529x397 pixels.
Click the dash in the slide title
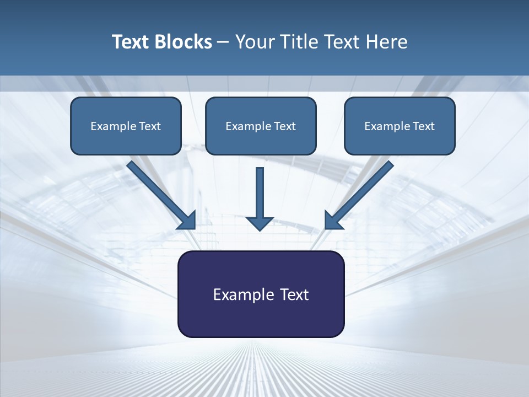coord(223,42)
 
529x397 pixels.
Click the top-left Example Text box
coord(126,126)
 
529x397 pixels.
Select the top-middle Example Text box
coord(261,126)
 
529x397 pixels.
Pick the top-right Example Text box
coord(400,126)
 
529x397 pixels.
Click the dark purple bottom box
coord(261,294)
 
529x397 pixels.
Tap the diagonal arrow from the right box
coord(364,190)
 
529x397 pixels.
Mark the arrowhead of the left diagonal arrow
coord(188,221)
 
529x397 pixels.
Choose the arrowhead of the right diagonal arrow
coord(333,221)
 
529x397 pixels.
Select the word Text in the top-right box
coord(423,126)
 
